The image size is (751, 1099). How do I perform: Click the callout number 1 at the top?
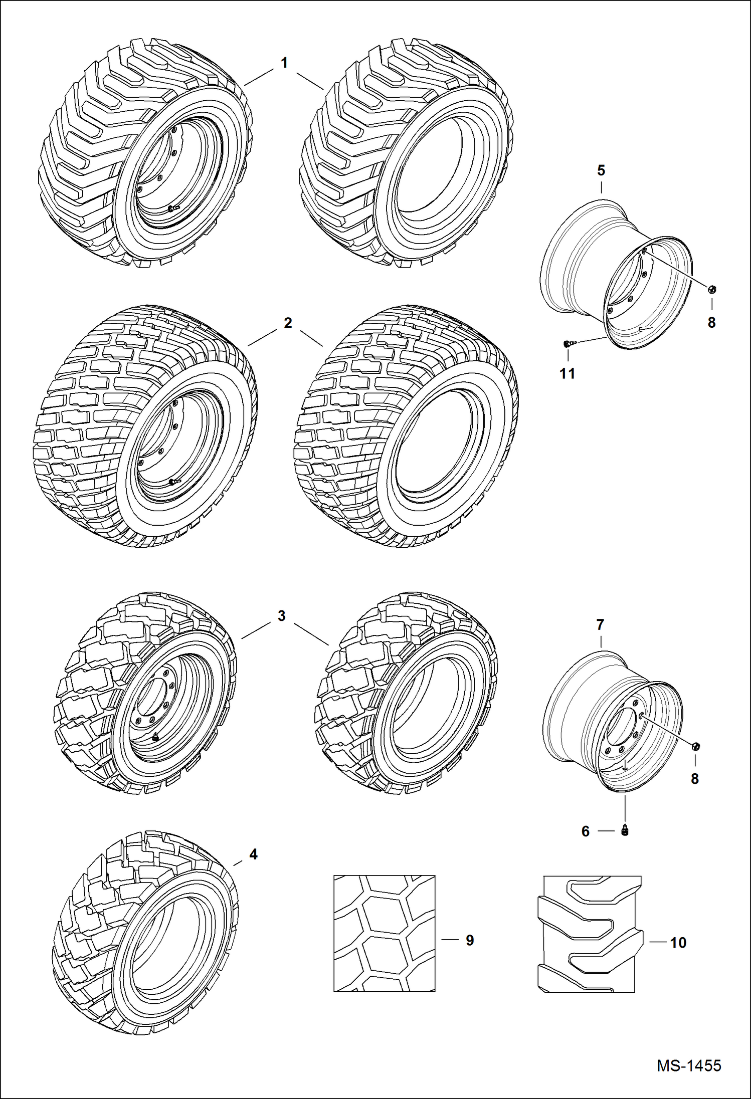coord(284,63)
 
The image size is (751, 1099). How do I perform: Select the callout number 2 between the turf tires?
coord(287,323)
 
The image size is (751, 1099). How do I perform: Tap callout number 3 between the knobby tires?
coord(281,616)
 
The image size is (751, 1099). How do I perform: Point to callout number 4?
coord(253,854)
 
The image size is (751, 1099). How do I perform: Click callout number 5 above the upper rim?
coord(601,170)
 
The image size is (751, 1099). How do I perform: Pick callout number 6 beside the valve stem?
coord(586,832)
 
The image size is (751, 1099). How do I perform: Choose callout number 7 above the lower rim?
coord(600,625)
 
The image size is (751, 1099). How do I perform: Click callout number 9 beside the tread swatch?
coord(470,940)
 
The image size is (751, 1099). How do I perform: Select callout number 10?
coord(678,943)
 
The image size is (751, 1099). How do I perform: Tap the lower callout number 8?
coord(695,779)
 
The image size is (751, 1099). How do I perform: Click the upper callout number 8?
coord(712,323)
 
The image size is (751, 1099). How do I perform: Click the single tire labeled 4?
coord(145,935)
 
